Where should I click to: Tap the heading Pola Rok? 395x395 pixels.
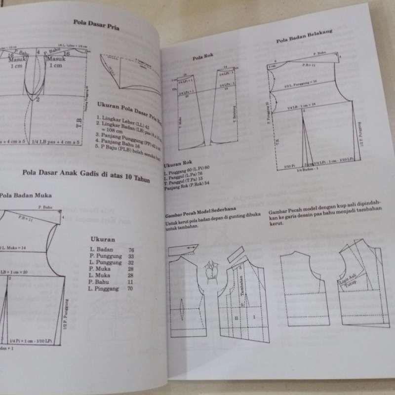[x=201, y=58]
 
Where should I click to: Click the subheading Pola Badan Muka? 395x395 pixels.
[x=26, y=195]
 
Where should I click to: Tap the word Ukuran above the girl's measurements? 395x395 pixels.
[x=103, y=239]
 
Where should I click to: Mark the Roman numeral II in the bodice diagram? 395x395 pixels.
[x=237, y=318]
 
